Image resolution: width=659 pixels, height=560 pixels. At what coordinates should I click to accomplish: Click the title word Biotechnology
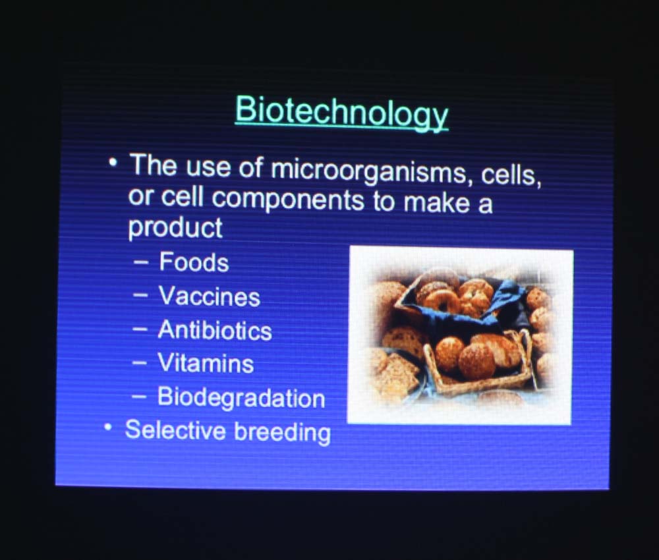tap(341, 113)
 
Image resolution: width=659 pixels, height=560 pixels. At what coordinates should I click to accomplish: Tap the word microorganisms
tap(368, 172)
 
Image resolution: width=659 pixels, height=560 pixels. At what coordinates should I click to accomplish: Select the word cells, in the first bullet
tap(511, 175)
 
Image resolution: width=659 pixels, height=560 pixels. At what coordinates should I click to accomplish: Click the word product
tap(175, 228)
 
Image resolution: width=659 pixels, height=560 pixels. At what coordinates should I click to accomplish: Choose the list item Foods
tap(194, 262)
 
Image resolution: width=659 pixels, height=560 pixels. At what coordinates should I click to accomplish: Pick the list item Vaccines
tap(210, 296)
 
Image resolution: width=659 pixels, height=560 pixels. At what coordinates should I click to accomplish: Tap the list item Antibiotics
tap(215, 330)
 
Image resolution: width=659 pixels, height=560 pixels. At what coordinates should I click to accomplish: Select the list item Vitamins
tap(206, 363)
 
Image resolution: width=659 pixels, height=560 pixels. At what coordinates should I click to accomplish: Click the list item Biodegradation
tap(241, 397)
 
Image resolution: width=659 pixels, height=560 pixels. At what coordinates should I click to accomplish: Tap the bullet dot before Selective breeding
tap(109, 428)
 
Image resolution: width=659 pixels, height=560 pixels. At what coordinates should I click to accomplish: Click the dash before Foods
tap(141, 262)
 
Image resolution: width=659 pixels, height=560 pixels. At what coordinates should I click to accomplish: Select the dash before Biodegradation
tap(139, 396)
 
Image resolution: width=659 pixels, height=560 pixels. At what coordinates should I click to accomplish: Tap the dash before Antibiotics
tap(140, 330)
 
